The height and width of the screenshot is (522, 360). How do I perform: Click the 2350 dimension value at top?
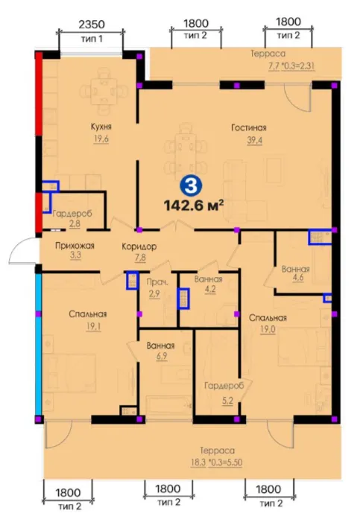click(92, 25)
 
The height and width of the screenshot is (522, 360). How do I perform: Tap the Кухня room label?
click(101, 127)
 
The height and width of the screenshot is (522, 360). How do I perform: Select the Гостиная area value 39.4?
click(255, 141)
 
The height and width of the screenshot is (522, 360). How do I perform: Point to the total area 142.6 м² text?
click(193, 206)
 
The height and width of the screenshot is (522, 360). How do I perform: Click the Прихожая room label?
click(75, 246)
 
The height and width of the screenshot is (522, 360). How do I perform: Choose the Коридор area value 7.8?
click(140, 258)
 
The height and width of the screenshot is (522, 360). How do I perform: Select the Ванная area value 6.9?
click(161, 356)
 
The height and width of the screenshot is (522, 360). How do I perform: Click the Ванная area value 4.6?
click(297, 278)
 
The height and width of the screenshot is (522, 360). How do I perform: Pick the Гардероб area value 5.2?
click(227, 401)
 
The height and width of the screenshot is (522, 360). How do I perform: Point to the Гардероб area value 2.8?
click(75, 223)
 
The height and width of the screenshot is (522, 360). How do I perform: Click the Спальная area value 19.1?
click(93, 327)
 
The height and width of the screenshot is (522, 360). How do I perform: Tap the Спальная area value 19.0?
click(268, 330)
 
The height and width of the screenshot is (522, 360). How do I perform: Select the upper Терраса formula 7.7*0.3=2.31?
click(291, 66)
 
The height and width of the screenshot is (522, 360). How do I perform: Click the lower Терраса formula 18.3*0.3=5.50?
click(216, 462)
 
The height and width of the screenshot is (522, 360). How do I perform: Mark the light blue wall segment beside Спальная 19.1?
click(38, 344)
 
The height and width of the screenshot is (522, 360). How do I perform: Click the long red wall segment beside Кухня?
click(39, 94)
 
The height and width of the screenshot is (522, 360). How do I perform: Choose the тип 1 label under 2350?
click(92, 39)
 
